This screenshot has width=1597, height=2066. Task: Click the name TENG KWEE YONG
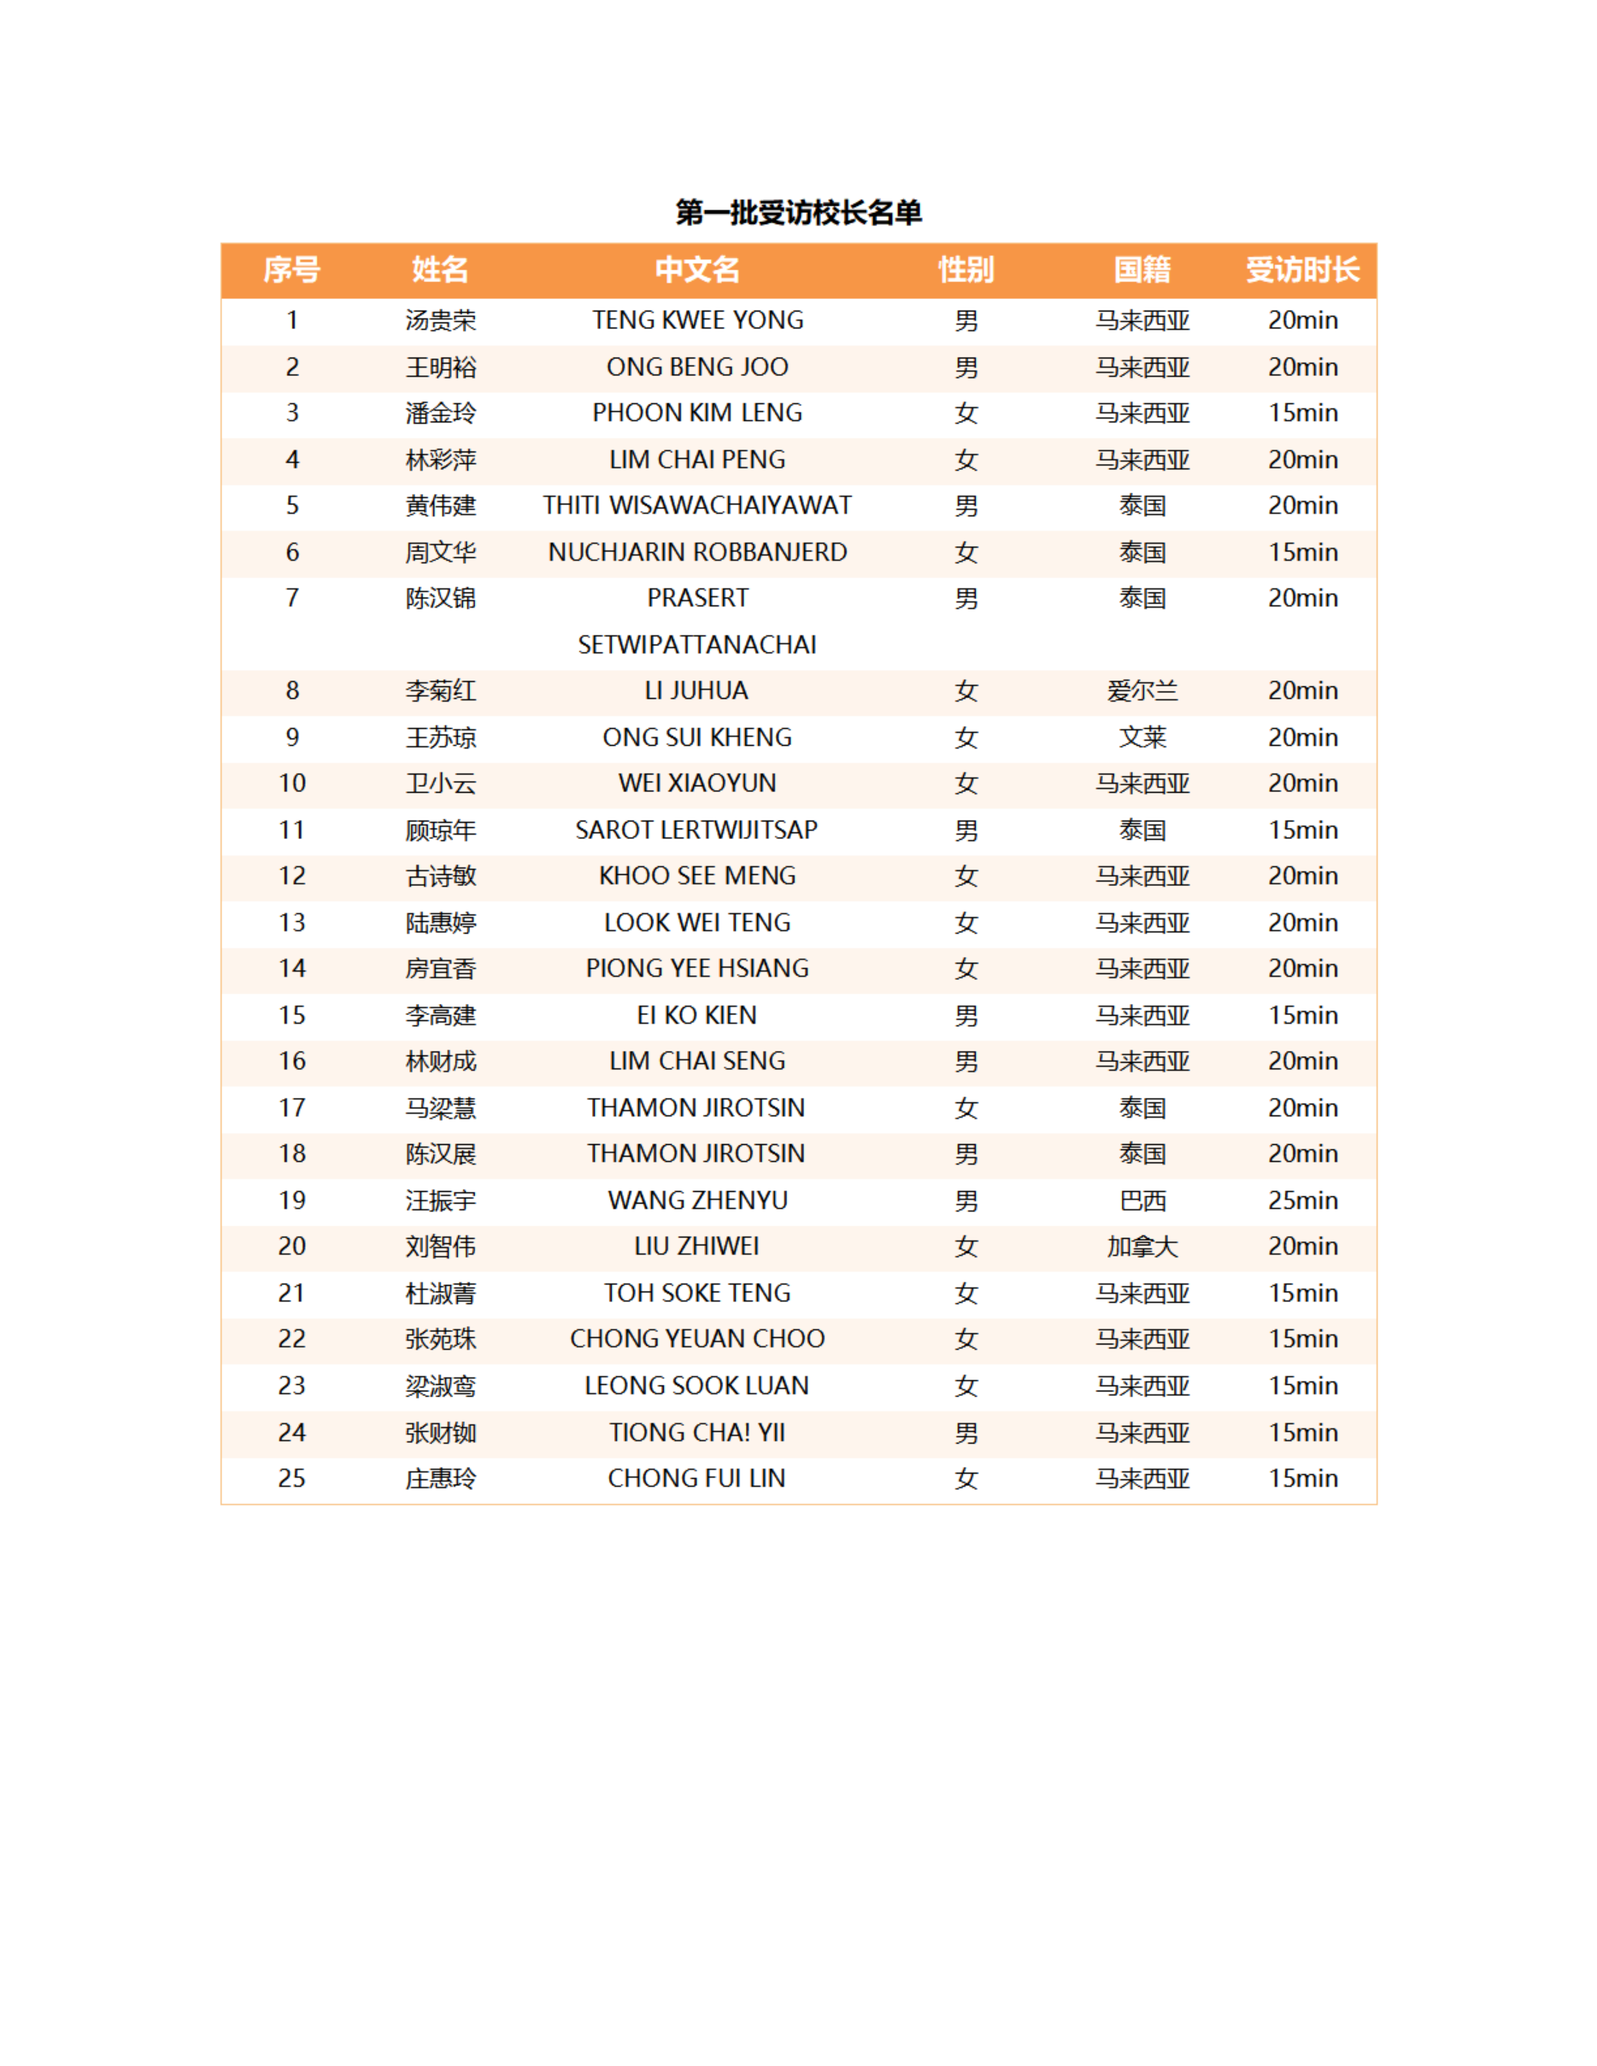pyautogui.click(x=697, y=321)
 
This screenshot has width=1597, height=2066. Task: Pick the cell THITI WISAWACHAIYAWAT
pyautogui.click(x=697, y=506)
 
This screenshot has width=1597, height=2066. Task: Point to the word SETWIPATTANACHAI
pyautogui.click(x=697, y=645)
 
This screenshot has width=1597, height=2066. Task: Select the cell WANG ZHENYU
pyautogui.click(x=697, y=1201)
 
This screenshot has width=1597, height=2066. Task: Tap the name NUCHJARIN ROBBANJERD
pyautogui.click(x=697, y=553)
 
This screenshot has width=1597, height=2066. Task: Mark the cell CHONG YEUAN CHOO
pyautogui.click(x=697, y=1340)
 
